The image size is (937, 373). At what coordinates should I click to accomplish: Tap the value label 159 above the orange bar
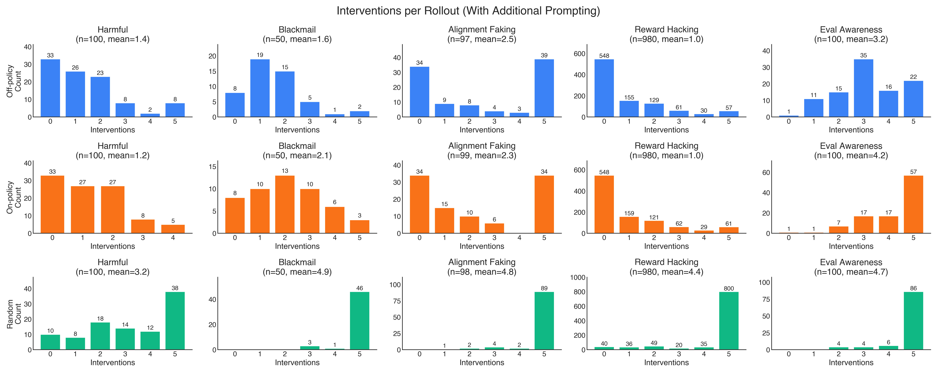point(629,213)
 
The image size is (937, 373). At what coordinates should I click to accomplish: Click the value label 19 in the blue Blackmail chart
point(260,55)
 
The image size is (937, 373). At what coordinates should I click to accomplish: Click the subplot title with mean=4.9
point(297,267)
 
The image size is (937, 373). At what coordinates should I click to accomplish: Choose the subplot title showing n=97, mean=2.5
point(482,34)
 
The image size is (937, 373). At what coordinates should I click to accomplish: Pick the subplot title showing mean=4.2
point(851,151)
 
